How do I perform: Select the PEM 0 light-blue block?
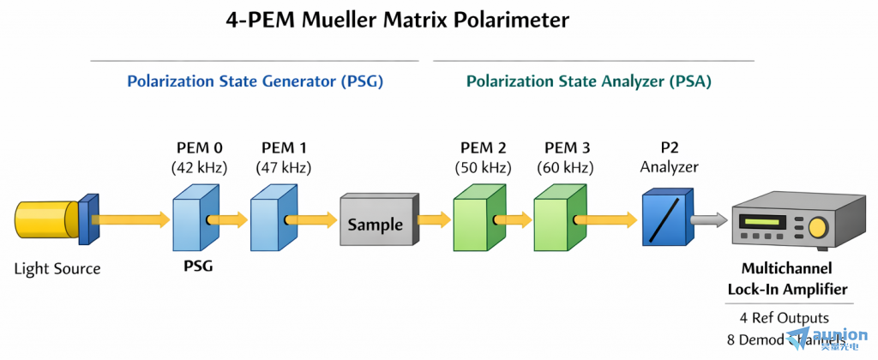[x=196, y=222]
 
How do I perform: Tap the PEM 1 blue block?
[x=274, y=222]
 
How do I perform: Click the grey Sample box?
[x=375, y=224]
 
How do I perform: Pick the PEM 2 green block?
[x=477, y=222]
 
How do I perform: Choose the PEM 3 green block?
[x=556, y=222]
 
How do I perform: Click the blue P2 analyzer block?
[x=665, y=220]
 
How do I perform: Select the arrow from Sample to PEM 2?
[x=434, y=221]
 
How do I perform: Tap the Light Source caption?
[x=57, y=269]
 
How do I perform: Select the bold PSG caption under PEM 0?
[x=197, y=267]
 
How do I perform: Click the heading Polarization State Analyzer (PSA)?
[x=588, y=82]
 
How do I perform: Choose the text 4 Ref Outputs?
[x=785, y=318]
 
